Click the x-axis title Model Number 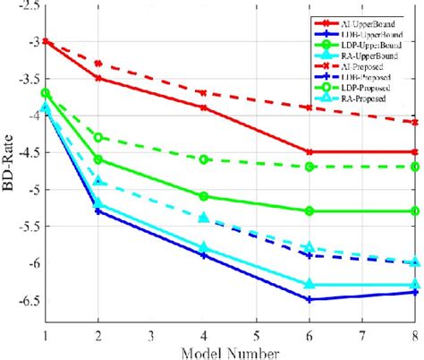click(x=231, y=350)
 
